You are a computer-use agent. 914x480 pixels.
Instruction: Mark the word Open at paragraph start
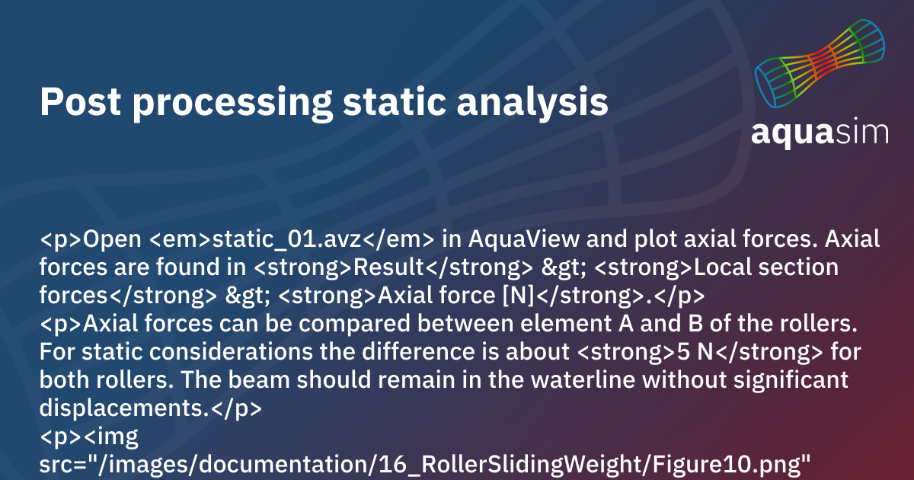pyautogui.click(x=113, y=239)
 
